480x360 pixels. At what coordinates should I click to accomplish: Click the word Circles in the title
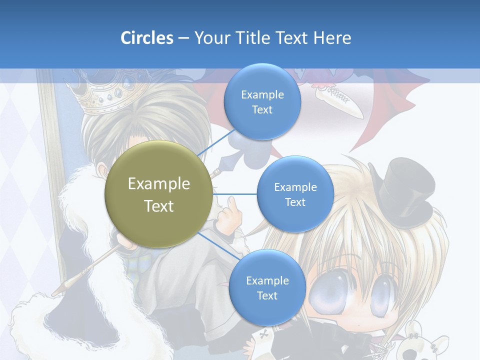146,37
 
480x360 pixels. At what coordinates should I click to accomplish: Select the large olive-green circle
159,194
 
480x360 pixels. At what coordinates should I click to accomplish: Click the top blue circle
262,102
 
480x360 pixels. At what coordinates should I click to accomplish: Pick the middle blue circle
295,194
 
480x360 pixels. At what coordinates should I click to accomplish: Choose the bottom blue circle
267,287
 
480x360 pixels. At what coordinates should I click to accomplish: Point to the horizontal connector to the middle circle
235,194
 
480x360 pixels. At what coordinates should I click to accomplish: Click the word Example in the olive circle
159,184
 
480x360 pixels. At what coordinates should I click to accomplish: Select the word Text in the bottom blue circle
267,295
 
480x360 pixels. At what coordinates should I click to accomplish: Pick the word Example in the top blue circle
262,94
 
